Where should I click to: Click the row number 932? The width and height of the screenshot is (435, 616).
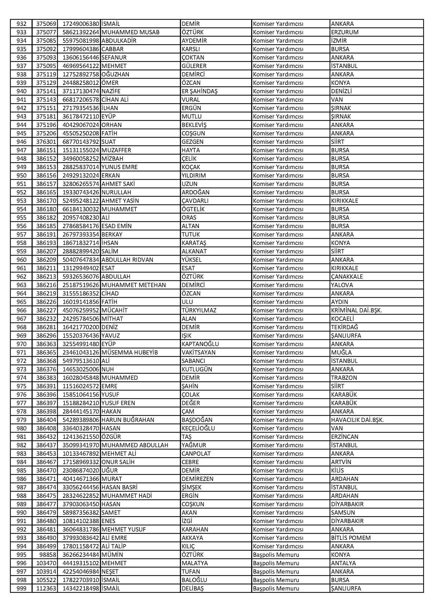(x=21, y=24)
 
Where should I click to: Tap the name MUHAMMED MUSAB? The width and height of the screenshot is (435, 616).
(x=130, y=32)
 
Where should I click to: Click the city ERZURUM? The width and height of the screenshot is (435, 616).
(x=345, y=32)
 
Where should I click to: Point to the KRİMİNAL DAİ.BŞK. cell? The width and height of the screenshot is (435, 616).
(x=356, y=310)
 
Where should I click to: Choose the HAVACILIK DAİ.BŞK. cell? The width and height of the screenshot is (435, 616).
(x=357, y=420)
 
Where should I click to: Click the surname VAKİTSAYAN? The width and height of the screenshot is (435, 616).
(x=198, y=352)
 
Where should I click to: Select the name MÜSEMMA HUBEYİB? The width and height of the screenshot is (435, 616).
(x=129, y=352)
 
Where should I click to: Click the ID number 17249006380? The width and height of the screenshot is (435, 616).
(x=81, y=24)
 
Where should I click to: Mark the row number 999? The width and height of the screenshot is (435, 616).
(x=21, y=588)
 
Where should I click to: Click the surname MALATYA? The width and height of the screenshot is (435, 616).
(x=195, y=563)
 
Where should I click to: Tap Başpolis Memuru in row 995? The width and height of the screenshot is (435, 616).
(x=276, y=554)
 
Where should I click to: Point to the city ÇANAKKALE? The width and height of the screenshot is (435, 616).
(x=347, y=276)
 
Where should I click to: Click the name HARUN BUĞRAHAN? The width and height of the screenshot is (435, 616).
(x=128, y=420)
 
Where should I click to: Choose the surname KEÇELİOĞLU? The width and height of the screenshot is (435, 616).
(x=198, y=428)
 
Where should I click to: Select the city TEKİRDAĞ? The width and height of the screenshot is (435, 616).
(x=345, y=327)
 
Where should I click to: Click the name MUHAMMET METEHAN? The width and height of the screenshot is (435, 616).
(x=133, y=285)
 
